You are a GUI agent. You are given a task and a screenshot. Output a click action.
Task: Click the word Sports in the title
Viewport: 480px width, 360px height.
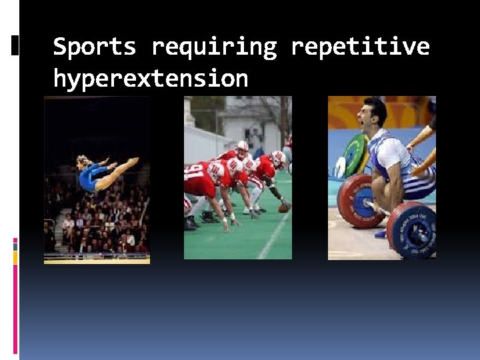[x=94, y=47]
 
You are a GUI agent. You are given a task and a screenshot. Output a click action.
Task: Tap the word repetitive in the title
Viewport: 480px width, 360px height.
[x=360, y=47]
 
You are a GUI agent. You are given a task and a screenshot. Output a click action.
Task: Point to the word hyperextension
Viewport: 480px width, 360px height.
[x=150, y=79]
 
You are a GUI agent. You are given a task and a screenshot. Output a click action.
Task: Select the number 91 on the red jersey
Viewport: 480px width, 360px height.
[x=195, y=175]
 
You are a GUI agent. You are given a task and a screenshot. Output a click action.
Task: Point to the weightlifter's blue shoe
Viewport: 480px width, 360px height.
[x=381, y=233]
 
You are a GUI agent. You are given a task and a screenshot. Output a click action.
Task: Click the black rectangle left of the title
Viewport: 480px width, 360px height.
[x=15, y=45]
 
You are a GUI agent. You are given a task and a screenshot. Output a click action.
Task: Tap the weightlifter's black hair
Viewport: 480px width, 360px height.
[x=375, y=107]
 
